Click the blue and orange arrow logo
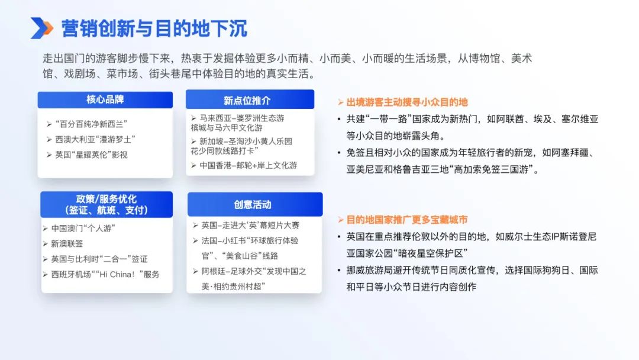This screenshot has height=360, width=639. [x=41, y=28]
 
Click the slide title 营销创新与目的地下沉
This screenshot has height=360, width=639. [x=154, y=28]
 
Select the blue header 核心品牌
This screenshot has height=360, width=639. [x=105, y=100]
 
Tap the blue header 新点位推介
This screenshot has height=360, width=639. [x=250, y=100]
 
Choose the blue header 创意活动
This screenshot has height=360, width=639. [x=254, y=204]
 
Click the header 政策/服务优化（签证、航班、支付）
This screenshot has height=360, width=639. [x=106, y=204]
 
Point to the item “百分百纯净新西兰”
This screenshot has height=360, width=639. [x=91, y=124]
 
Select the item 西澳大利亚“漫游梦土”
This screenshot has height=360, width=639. [x=95, y=139]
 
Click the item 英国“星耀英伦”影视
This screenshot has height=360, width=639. [x=91, y=155]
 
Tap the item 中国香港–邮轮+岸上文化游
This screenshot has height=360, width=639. [x=248, y=166]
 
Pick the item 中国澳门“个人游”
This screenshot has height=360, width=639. [x=83, y=229]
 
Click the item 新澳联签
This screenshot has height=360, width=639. [x=67, y=244]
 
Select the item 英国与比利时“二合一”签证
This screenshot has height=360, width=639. [x=99, y=259]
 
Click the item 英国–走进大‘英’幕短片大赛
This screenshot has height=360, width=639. [x=250, y=226]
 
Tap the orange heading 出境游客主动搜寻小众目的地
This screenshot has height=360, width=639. [x=406, y=102]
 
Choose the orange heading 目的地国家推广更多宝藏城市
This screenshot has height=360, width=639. [x=406, y=220]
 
